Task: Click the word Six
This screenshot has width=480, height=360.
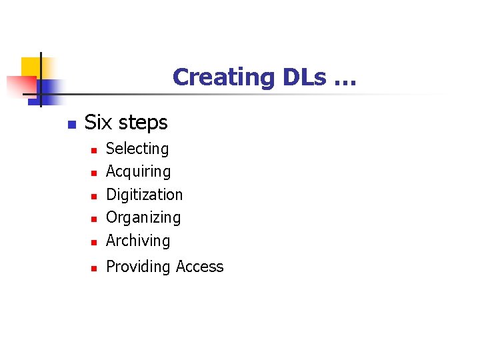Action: click(98, 123)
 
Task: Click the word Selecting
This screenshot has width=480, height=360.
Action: click(137, 149)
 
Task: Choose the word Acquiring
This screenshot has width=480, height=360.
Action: click(138, 172)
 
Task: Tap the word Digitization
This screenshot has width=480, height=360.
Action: click(144, 195)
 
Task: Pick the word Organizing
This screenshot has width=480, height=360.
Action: click(143, 218)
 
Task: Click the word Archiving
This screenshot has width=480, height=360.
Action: click(138, 241)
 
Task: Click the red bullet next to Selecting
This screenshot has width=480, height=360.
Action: click(95, 151)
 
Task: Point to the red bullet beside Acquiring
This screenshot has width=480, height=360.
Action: click(95, 173)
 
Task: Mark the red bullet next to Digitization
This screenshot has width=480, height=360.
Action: click(95, 197)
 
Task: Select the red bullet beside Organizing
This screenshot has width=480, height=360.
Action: click(95, 219)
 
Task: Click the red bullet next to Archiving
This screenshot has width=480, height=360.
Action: click(95, 242)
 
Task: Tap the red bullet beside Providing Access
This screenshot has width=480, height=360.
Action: click(95, 268)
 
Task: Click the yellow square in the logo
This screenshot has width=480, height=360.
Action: click(31, 67)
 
